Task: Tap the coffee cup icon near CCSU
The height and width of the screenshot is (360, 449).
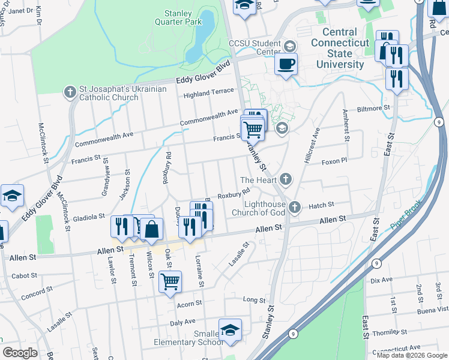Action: (x=286, y=64)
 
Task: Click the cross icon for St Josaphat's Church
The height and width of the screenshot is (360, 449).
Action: (x=70, y=92)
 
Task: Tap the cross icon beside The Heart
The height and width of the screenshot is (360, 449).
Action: (x=286, y=179)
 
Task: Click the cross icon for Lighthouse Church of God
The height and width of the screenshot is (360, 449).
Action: (x=294, y=207)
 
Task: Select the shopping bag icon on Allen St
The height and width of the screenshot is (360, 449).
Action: (x=152, y=229)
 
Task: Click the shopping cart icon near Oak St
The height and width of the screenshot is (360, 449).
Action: (x=170, y=280)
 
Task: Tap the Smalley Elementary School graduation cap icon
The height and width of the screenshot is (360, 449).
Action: (x=230, y=329)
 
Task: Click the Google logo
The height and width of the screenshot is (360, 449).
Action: (x=20, y=353)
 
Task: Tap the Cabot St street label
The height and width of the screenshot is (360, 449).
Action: (x=25, y=276)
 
